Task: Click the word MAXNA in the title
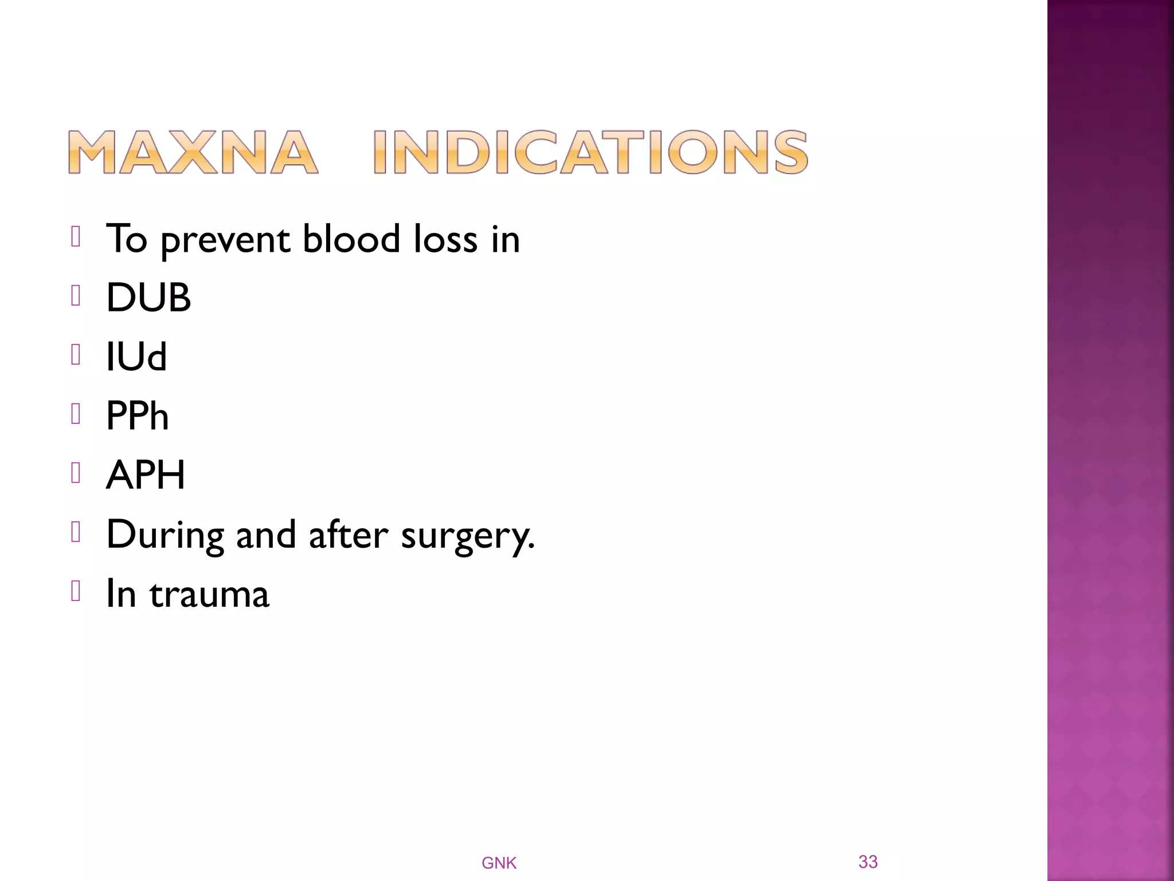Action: [x=193, y=152]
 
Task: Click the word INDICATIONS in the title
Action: [x=590, y=152]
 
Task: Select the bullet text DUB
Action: [x=148, y=298]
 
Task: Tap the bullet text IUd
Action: [x=136, y=357]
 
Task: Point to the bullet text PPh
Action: [x=138, y=416]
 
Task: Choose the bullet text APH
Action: [x=146, y=475]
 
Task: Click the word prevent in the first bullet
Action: [x=225, y=240]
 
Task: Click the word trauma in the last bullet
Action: [x=209, y=594]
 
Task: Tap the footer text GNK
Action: [x=499, y=863]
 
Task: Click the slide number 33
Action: [x=868, y=861]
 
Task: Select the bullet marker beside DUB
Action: [x=76, y=296]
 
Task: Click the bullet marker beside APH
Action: [x=76, y=473]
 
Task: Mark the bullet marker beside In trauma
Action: [x=76, y=591]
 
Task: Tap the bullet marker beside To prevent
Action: [x=76, y=236]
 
